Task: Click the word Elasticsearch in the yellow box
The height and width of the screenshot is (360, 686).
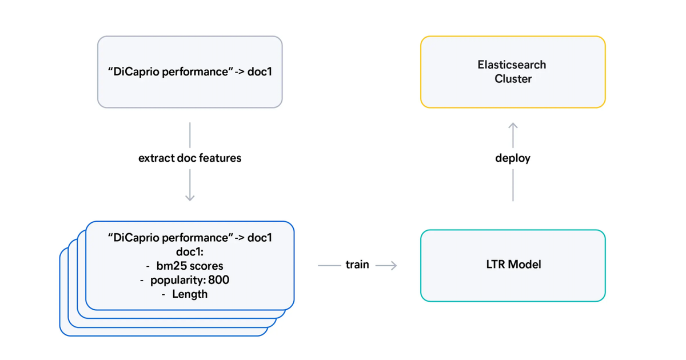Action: point(512,65)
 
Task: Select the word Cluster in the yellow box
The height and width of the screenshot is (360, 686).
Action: point(513,79)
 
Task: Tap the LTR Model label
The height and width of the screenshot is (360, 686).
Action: point(512,265)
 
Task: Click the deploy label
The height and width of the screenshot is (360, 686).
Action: point(513,158)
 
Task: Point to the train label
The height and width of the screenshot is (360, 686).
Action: point(357,265)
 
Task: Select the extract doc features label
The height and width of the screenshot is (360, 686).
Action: point(190,158)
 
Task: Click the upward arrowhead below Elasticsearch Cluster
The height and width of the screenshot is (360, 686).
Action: point(513,126)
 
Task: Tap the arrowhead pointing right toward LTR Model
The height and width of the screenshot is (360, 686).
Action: point(393,265)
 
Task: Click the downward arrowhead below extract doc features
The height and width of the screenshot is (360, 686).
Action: point(190,197)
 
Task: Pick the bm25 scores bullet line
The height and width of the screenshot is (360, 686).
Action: point(189,266)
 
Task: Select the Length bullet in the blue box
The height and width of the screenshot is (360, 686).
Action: point(189,295)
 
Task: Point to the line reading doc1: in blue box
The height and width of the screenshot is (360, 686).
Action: point(190,252)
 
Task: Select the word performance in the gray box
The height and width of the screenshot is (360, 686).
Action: point(197,72)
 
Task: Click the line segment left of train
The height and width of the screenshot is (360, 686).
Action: point(329,265)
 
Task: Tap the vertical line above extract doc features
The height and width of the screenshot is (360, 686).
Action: point(190,135)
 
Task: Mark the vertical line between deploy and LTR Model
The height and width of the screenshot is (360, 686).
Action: point(513,186)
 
